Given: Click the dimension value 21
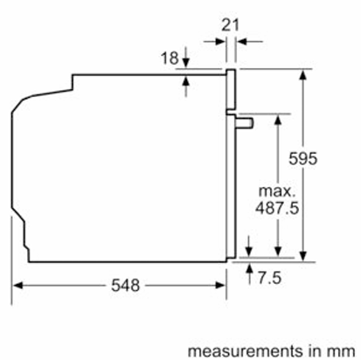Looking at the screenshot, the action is point(230,25).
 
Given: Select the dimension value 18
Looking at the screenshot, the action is point(170,58).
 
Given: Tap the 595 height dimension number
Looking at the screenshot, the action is point(302,159).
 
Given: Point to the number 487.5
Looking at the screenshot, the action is point(277,208).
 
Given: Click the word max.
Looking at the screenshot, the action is point(277,191).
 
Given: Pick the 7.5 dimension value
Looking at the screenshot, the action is point(269,278).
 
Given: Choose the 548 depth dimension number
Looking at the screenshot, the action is point(126,285).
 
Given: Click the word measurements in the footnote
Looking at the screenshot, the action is point(246,351).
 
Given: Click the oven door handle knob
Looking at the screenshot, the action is point(245,123).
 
